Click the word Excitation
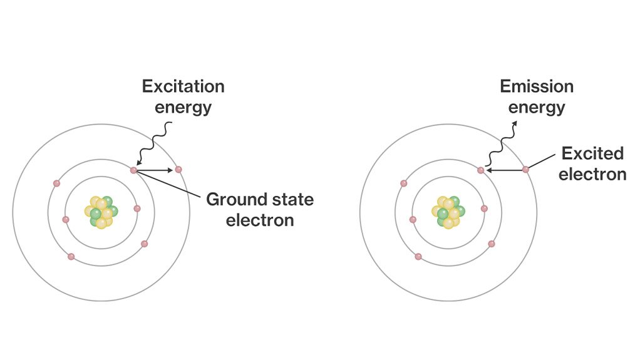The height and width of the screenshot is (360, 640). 183,86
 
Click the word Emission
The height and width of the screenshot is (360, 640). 536,86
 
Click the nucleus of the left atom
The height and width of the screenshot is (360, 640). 101,212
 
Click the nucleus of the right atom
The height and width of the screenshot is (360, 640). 448,212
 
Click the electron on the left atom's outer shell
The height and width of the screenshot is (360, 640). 178,169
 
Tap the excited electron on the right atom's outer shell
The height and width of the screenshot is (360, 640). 525,169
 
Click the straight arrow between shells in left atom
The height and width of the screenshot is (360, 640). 155,170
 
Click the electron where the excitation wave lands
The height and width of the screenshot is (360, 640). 133,170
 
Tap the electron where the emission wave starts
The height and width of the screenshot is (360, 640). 480,170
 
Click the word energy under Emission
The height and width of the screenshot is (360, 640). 536,107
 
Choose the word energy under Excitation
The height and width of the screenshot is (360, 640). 183,107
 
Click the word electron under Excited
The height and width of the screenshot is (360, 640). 592,174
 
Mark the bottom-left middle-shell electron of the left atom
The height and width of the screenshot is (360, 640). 71,257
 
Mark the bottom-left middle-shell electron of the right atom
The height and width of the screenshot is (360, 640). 418,257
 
